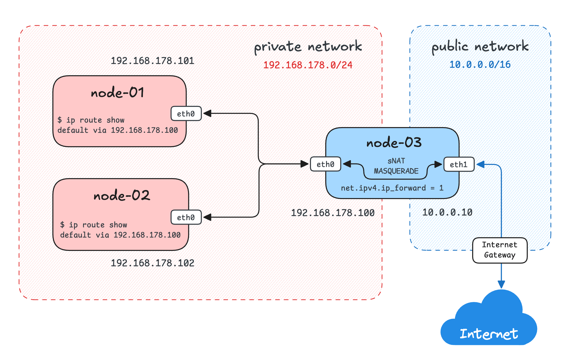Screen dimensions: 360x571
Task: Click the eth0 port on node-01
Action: point(186,114)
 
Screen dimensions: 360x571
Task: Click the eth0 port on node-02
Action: point(186,217)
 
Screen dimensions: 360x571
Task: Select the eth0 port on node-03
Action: point(325,164)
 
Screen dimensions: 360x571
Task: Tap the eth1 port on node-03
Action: point(458,164)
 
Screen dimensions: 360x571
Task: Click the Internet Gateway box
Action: point(500,250)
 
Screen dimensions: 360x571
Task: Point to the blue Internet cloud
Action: point(489,322)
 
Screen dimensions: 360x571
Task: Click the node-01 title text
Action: point(118,93)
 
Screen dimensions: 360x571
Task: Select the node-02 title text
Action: point(122,196)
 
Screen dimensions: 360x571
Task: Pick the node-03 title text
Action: point(394,142)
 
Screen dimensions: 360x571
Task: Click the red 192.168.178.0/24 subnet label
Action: point(308,65)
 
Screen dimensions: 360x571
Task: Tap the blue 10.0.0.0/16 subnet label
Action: point(480,64)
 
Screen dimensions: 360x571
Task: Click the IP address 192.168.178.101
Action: point(152,61)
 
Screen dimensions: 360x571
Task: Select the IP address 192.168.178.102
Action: point(152,263)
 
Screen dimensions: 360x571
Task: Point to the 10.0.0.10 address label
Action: point(447,212)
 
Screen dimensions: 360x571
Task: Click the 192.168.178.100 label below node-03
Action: point(333,213)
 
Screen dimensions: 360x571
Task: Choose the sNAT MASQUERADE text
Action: point(396,166)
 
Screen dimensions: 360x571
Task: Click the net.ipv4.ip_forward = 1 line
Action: point(392,188)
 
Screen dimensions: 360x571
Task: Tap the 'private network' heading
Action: point(308,46)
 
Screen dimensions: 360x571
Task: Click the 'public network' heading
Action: point(480,46)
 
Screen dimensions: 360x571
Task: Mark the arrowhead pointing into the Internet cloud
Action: point(501,285)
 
